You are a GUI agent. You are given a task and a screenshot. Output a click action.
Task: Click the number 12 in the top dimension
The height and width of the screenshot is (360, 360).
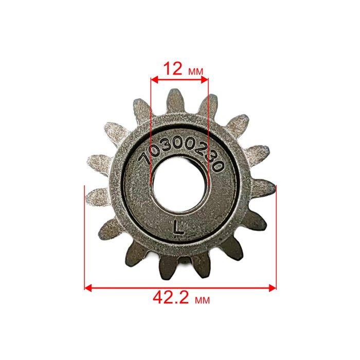coord(173,68)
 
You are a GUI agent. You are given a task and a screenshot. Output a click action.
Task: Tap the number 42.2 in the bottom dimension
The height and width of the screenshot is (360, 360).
coord(171,298)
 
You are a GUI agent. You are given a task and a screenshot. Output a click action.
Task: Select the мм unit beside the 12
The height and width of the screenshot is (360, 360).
coord(195,71)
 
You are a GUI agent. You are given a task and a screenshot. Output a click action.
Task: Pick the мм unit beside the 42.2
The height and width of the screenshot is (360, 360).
coord(202,300)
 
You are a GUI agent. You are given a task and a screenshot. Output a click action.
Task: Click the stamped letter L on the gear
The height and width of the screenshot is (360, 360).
coord(178,227)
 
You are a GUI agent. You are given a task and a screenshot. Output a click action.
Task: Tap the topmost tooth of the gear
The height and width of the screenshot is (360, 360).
coord(176,101)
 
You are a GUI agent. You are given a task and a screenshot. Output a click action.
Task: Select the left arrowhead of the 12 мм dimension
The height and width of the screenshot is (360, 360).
coord(154,80)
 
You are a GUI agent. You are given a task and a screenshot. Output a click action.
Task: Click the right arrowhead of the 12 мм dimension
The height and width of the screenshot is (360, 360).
coord(205,80)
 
